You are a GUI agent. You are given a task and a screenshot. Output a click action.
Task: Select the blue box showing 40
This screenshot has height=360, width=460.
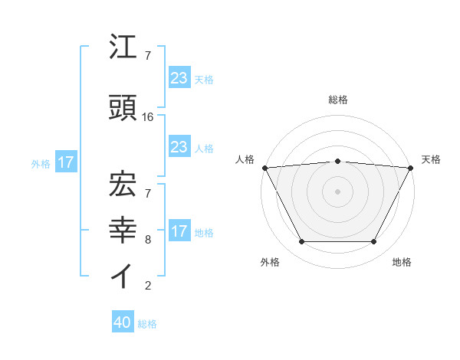point(123,322)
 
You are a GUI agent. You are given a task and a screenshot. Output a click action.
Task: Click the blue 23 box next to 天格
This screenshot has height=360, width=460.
point(179,77)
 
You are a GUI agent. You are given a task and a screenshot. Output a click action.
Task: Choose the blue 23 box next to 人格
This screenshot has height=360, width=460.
point(179,147)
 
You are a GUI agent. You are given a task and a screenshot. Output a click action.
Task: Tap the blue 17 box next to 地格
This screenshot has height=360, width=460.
point(179,231)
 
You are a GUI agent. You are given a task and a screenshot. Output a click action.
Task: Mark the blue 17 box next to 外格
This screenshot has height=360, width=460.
point(65,162)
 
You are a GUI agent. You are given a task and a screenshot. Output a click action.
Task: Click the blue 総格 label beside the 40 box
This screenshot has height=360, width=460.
point(147,324)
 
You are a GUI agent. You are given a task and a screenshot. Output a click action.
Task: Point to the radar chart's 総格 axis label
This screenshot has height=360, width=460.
point(337,100)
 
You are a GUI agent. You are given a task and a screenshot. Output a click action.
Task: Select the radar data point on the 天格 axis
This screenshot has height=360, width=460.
point(411,168)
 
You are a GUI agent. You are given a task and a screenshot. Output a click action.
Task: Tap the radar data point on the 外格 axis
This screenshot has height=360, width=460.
point(301,242)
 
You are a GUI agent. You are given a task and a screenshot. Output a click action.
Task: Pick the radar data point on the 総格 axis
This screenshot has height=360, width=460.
point(337,161)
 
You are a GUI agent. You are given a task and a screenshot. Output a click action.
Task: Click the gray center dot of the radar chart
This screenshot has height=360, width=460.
point(337,191)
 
